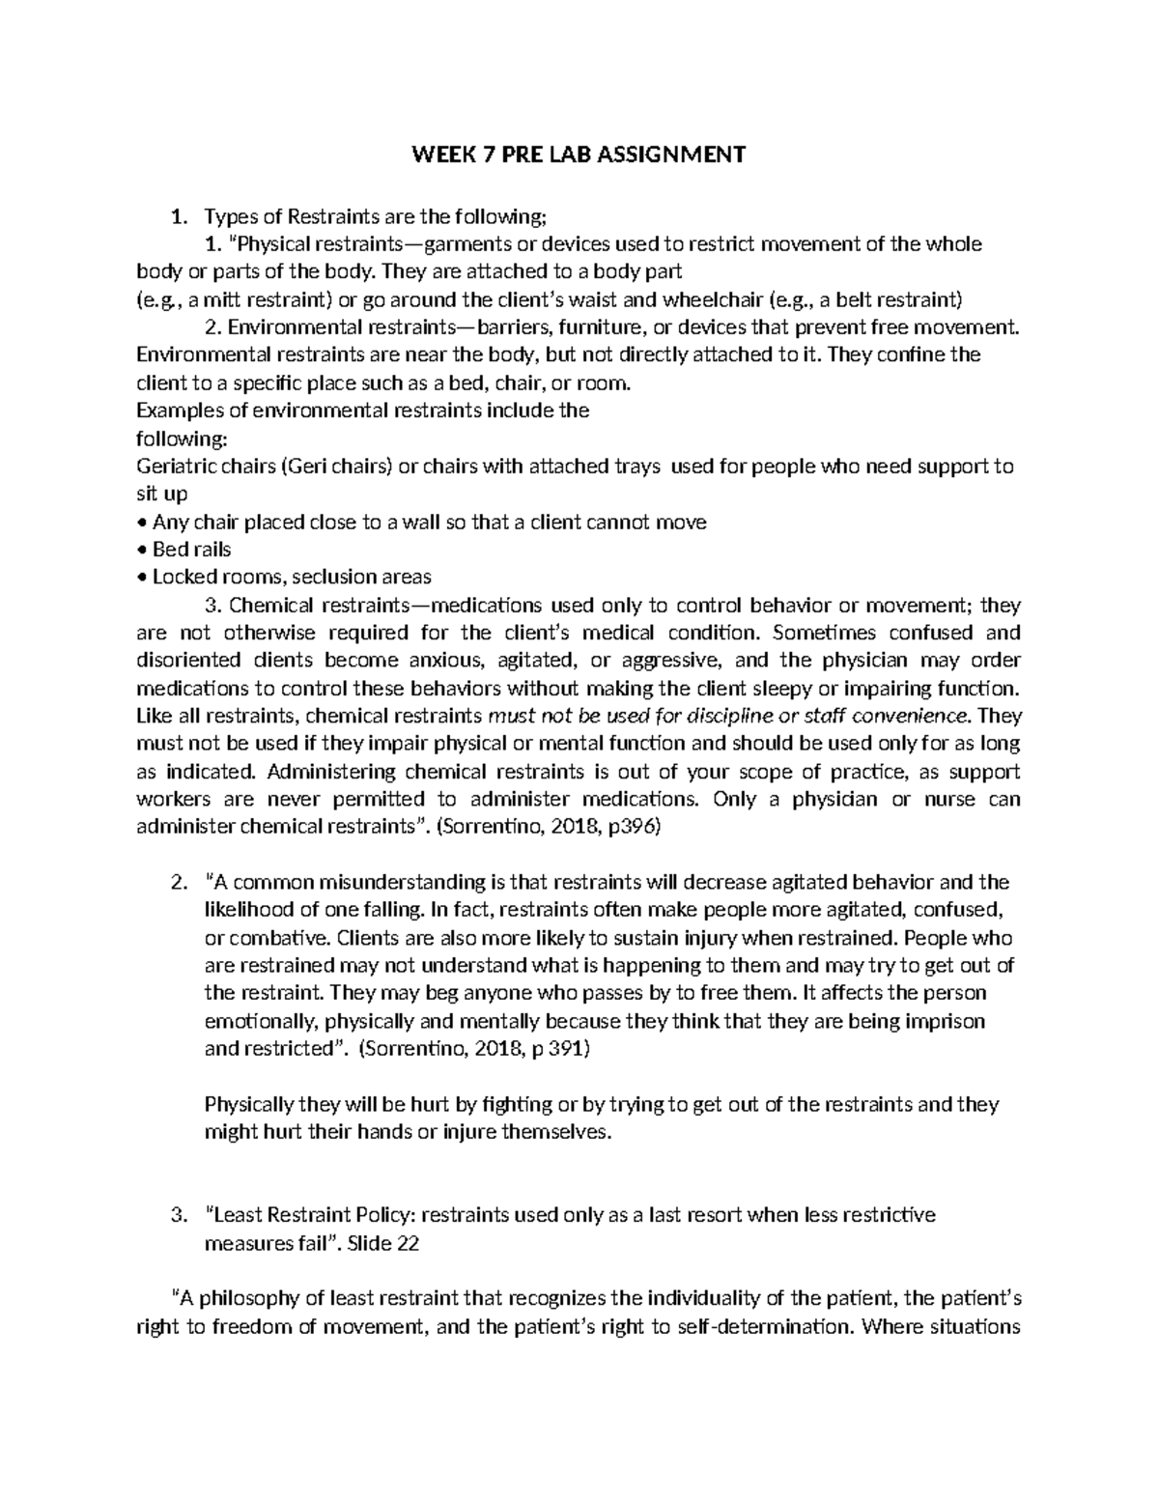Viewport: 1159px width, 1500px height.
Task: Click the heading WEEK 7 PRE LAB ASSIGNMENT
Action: [579, 155]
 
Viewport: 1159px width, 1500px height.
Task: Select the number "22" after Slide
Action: [408, 1244]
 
